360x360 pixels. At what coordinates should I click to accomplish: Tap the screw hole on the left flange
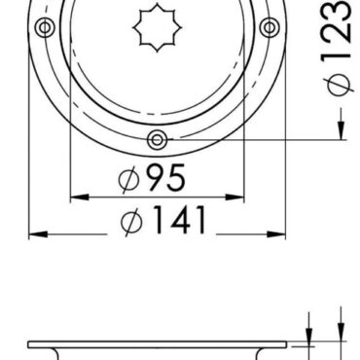point(43,27)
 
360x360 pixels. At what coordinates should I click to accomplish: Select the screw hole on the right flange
point(269,27)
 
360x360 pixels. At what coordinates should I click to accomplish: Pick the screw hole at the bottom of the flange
point(156,141)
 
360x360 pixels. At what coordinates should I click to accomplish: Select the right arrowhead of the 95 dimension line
point(235,194)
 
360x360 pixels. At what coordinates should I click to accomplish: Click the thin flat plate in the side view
point(156,343)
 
